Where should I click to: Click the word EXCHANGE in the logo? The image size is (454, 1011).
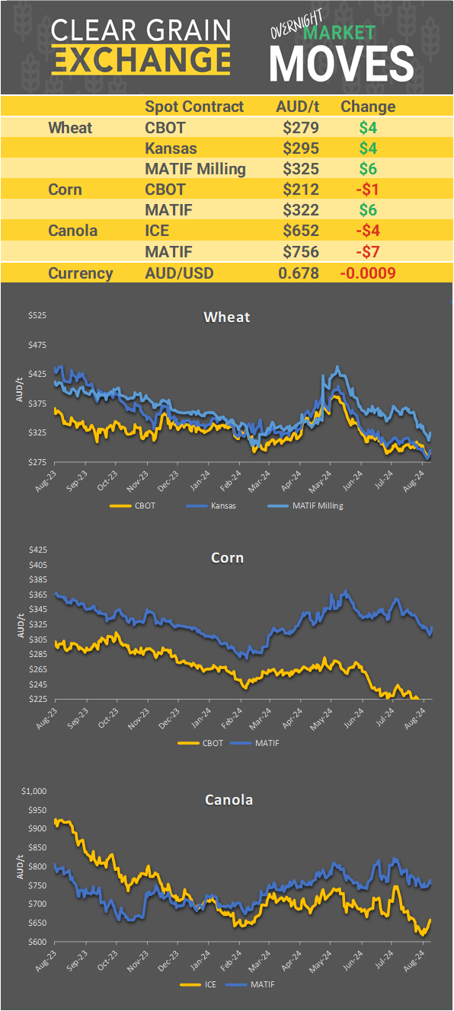coord(142,59)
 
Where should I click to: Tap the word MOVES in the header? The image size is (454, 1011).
coord(342,62)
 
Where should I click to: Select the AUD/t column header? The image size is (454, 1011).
coord(297,107)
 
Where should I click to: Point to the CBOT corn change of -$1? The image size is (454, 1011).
coord(369,189)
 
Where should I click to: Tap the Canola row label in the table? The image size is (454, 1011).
coord(72,231)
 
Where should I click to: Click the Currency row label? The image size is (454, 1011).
coord(80,273)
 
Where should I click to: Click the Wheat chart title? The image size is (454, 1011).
coord(227,317)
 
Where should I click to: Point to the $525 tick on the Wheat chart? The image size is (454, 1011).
coord(37,315)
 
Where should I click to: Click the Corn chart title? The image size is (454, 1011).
coord(227,558)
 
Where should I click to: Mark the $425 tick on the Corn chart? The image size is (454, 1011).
coord(37,550)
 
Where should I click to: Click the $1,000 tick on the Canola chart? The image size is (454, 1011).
coord(34,792)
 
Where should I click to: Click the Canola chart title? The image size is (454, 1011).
coord(229,800)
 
